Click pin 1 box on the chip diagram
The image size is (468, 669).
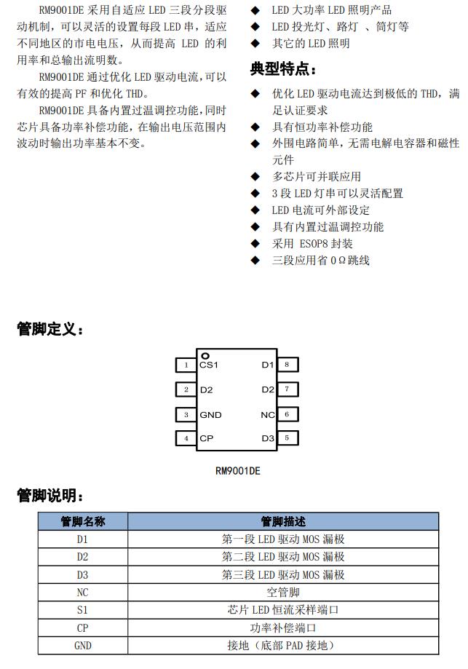point(186,365)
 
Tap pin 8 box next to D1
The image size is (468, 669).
point(287,365)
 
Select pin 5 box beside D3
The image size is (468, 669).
point(287,438)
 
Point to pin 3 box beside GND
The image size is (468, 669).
point(186,415)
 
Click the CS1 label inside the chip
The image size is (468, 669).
point(209,365)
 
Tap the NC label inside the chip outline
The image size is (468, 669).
point(267,415)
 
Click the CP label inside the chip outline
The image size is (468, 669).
point(206,439)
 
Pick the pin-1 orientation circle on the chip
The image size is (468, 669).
point(205,355)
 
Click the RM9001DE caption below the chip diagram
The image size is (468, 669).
point(237,471)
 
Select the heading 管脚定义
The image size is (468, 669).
point(49,330)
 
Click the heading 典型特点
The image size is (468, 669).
point(283,70)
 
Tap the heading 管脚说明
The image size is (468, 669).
point(49,496)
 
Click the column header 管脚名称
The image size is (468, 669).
point(82,521)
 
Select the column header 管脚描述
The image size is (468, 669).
point(283,521)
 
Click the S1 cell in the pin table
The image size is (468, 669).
point(82,610)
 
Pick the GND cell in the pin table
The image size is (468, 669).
point(82,646)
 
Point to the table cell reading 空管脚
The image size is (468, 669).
point(283,593)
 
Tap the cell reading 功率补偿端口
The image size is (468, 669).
point(283,628)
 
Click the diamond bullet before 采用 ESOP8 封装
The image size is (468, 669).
point(255,244)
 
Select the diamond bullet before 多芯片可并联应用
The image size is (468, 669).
point(255,177)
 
